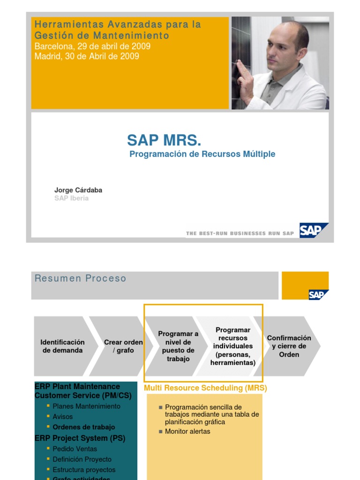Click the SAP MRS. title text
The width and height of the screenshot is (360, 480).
[x=164, y=140]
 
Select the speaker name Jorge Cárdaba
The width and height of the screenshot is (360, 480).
[x=78, y=190]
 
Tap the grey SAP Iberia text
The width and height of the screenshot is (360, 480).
[x=71, y=198]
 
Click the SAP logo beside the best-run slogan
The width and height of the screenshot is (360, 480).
[x=314, y=231]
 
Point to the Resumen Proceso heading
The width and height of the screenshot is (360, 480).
[x=81, y=278]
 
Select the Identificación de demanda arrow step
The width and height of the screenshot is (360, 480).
[x=62, y=346]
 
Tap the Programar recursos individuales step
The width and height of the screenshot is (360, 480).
[x=232, y=346]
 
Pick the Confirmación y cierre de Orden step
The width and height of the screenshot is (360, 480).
[x=289, y=346]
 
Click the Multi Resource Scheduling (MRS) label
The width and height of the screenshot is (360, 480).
[x=205, y=388]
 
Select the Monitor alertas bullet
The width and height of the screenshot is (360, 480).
[x=187, y=431]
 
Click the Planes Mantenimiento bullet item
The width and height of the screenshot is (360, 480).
[x=86, y=406]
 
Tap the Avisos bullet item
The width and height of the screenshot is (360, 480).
[x=63, y=417]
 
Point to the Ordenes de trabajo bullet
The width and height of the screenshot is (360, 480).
[x=83, y=427]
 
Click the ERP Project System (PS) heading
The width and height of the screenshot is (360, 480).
[x=80, y=438]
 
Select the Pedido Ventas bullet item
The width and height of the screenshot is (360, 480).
[x=75, y=449]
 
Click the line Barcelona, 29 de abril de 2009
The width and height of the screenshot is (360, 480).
[x=92, y=46]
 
